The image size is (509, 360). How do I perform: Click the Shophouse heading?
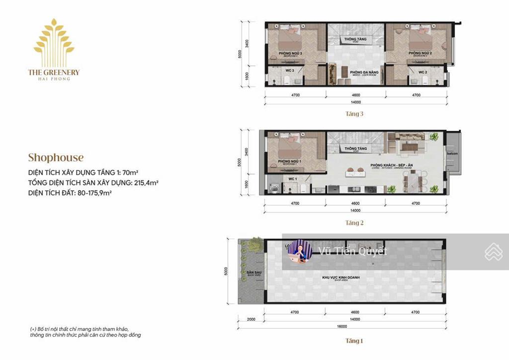coord(56,158)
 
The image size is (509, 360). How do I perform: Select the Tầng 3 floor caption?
coord(354,113)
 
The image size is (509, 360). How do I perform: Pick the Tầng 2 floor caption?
coord(354,223)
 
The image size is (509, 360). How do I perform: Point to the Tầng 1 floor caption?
coord(354,341)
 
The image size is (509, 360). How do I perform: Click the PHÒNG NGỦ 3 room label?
coord(290,53)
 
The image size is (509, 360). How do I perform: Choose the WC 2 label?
coord(423,72)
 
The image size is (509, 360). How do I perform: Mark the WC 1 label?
coord(292,179)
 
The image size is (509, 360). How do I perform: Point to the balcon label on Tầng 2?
coord(452,154)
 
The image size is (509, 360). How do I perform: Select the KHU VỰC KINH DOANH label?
coord(341,277)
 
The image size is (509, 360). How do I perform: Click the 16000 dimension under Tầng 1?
coord(354,327)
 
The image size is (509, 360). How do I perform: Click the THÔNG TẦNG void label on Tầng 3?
coord(355,39)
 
